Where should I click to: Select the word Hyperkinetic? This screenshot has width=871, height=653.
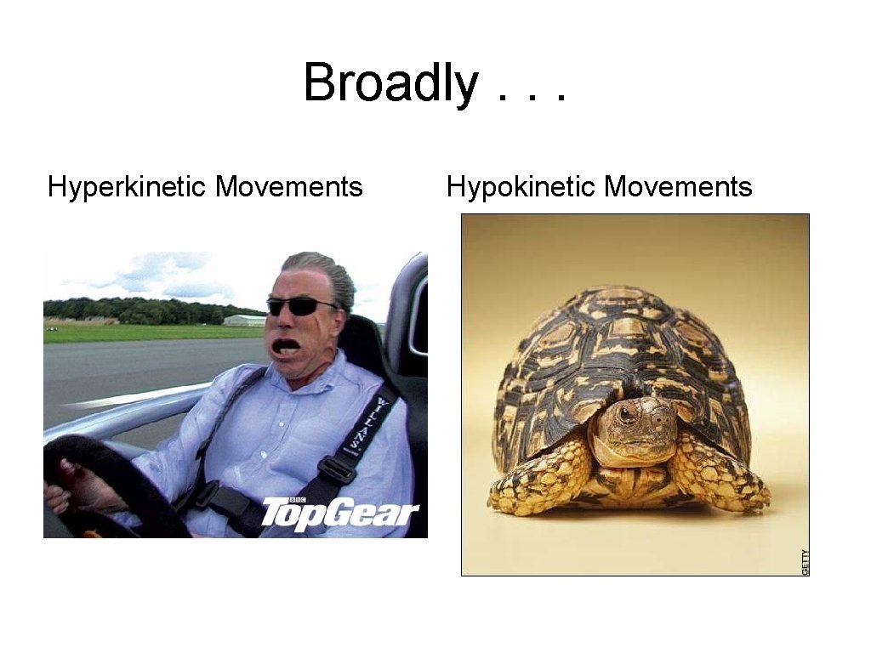[x=127, y=186]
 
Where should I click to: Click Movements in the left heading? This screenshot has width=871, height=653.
[x=289, y=186]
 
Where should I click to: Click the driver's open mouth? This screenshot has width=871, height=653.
[x=285, y=347]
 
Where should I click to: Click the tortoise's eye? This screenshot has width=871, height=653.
[x=627, y=414]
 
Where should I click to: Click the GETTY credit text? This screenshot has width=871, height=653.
[x=806, y=561]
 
